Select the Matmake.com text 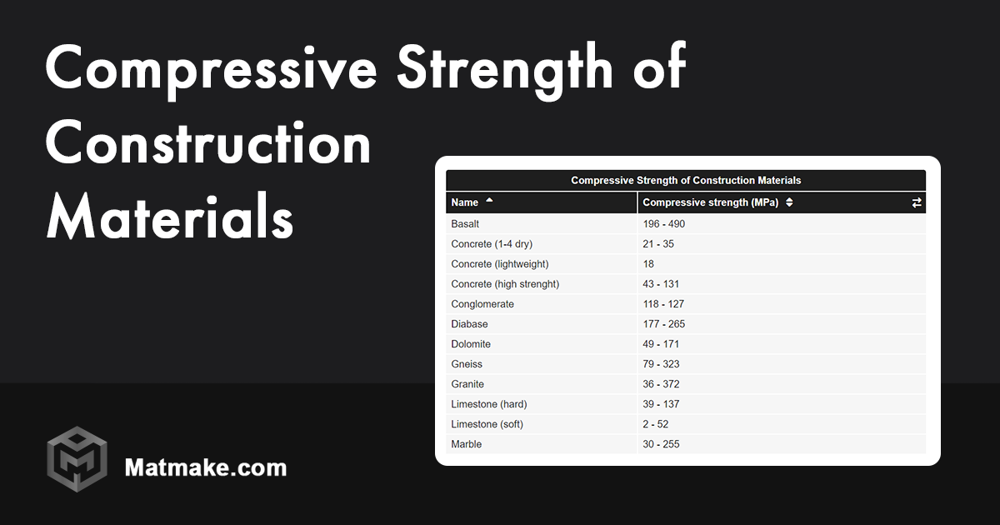tap(205, 467)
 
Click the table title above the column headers tap(685, 180)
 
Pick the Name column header tap(465, 202)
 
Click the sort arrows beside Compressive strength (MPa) tap(789, 202)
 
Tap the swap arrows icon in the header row tap(917, 202)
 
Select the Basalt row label tap(465, 224)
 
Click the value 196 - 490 tap(663, 224)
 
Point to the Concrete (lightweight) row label tap(500, 264)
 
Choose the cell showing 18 tap(648, 264)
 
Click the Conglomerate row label tap(482, 304)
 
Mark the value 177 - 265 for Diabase tap(663, 324)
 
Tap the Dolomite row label tap(471, 344)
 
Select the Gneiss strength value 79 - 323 tap(661, 364)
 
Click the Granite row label tap(467, 384)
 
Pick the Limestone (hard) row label tap(488, 404)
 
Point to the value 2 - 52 tap(656, 424)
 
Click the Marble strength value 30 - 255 tap(661, 444)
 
